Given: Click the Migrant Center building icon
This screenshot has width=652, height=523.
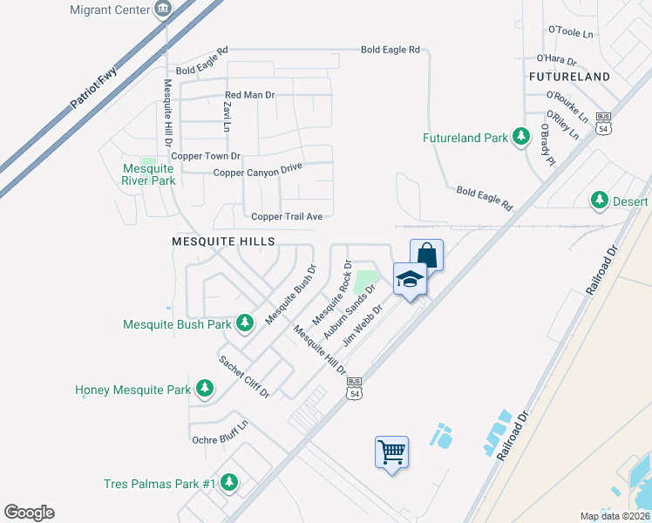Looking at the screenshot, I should coord(162,10).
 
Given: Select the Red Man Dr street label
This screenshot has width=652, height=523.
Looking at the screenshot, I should coord(249,94).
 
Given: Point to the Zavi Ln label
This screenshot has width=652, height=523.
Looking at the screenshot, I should coord(226,116).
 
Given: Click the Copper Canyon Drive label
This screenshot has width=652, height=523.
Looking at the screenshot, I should coord(257,172).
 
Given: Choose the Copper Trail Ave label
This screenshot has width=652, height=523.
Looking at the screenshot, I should coord(287,216).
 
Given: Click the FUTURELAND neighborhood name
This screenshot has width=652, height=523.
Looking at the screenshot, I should coord(568,77).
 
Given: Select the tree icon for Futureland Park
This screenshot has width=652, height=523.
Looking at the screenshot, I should coord(521,137).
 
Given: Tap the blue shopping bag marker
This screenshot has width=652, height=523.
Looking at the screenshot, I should coord(426,255).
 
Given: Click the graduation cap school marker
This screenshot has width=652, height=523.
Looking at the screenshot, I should coord(410,279).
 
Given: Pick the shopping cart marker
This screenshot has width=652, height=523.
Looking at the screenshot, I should coord(392,452).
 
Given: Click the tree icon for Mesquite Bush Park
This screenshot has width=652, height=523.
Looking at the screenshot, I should coord(246,324).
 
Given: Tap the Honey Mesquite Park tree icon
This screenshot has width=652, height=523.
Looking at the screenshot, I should coord(204,388).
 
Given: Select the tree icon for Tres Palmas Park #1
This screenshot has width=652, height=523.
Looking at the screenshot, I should coord(229,482).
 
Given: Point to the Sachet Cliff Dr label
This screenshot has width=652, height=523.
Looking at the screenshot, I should coord(244,377).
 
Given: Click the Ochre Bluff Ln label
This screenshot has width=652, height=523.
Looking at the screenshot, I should coord(221,432).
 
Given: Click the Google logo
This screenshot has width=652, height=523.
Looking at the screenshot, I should coord(29,512).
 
